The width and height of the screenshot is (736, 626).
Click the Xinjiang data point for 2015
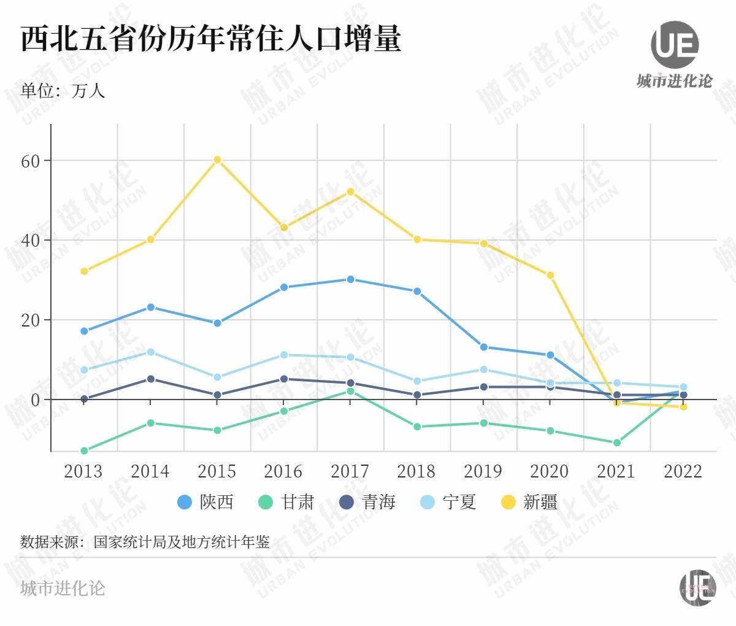(x=217, y=160)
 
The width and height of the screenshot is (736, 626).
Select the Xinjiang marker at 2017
(x=350, y=191)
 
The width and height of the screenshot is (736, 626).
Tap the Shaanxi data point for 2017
(x=350, y=279)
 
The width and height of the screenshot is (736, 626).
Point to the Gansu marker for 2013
(x=84, y=450)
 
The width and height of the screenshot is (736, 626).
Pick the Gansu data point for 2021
(x=617, y=442)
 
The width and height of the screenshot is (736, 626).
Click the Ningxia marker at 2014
(x=150, y=352)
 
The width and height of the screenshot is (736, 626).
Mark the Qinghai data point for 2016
(x=283, y=379)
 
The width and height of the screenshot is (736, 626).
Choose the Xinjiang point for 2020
(x=550, y=276)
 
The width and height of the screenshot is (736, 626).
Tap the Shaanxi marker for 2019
(x=484, y=347)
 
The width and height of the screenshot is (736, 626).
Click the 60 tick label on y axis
(x=30, y=161)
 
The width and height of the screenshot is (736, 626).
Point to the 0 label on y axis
(x=35, y=400)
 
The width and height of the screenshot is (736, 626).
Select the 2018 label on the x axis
(x=416, y=471)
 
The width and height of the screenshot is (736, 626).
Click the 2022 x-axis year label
(x=683, y=471)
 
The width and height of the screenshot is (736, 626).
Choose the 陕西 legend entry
(x=205, y=502)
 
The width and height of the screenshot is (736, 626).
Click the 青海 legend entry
(x=367, y=502)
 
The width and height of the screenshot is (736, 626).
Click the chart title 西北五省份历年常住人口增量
(x=211, y=39)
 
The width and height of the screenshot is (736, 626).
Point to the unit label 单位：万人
(x=63, y=91)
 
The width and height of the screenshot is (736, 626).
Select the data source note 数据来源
(x=145, y=542)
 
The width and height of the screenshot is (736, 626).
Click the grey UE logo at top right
(x=675, y=44)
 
